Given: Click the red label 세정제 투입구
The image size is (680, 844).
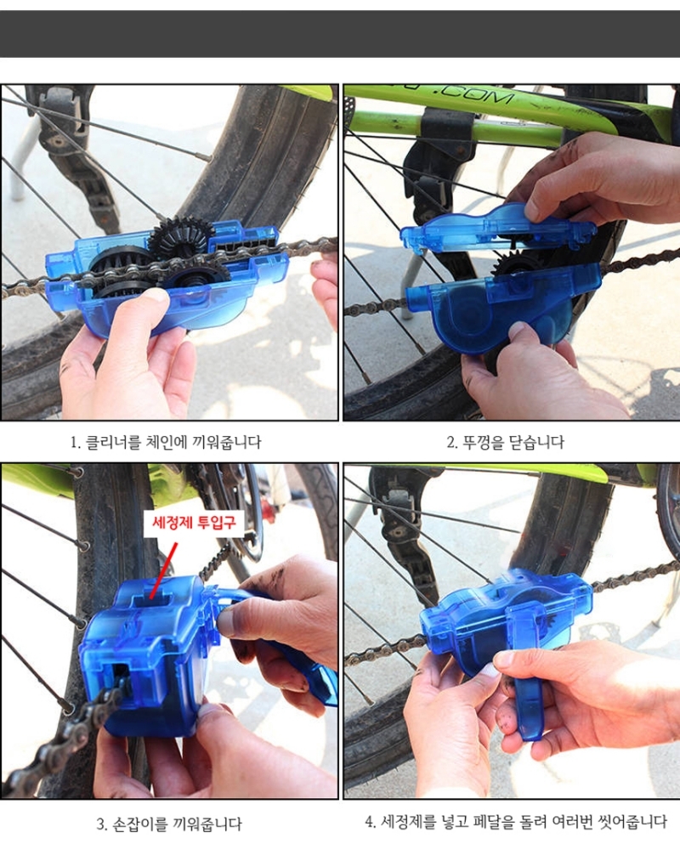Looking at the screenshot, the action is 194,522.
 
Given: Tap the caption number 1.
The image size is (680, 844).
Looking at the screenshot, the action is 75,443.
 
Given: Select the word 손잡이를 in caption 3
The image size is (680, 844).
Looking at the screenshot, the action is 139,824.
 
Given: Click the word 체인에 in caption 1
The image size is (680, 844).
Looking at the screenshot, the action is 167,443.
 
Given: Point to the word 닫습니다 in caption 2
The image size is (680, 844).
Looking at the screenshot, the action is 537,443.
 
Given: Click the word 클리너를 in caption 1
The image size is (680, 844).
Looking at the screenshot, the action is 114,443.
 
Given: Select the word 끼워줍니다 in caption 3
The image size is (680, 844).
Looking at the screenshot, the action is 207,824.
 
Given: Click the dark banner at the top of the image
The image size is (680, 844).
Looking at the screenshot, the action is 340,33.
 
